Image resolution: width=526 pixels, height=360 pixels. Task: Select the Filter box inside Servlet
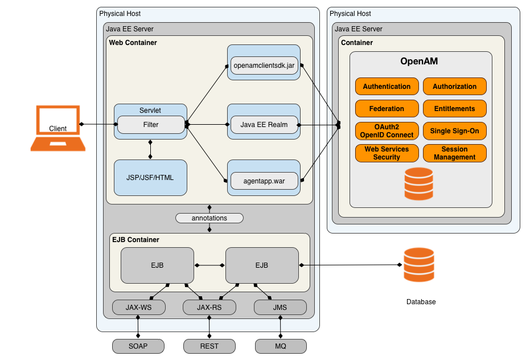tap(151, 125)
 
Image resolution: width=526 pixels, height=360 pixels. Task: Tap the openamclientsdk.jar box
tap(264, 66)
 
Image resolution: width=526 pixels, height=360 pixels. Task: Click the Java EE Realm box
tap(264, 125)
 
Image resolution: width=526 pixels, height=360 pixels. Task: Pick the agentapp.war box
tap(264, 181)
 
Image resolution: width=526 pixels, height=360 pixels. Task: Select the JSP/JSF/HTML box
tap(150, 178)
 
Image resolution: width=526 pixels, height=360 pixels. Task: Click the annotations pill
tap(209, 218)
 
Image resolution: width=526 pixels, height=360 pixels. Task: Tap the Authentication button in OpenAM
tap(387, 87)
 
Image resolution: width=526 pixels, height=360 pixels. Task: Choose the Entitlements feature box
tap(454, 108)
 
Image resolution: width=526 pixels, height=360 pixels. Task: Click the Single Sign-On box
tap(454, 131)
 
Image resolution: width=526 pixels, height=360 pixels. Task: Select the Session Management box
tap(454, 153)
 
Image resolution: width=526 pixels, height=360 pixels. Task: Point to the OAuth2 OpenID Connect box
tap(387, 131)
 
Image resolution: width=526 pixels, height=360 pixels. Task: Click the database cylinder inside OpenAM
tap(418, 183)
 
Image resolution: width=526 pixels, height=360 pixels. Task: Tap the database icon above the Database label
tap(419, 265)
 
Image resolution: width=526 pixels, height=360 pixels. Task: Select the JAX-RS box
tap(209, 307)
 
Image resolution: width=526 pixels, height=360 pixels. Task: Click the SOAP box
tap(138, 346)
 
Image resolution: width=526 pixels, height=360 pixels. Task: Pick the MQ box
tap(281, 346)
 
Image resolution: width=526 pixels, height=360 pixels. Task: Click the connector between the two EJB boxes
tap(209, 265)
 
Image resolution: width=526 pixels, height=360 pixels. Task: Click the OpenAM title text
tap(419, 61)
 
